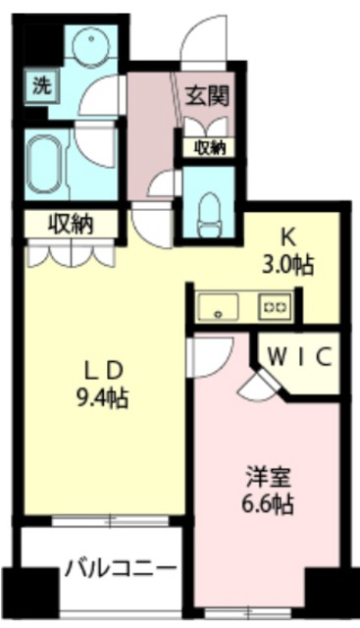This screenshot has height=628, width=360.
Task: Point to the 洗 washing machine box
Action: click(x=40, y=84)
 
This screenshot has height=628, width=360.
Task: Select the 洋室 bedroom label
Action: click(x=267, y=481)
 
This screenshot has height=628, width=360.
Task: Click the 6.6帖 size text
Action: click(x=268, y=506)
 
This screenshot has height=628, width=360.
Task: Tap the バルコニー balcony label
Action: click(x=122, y=569)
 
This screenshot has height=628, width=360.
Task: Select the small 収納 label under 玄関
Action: click(x=209, y=148)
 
